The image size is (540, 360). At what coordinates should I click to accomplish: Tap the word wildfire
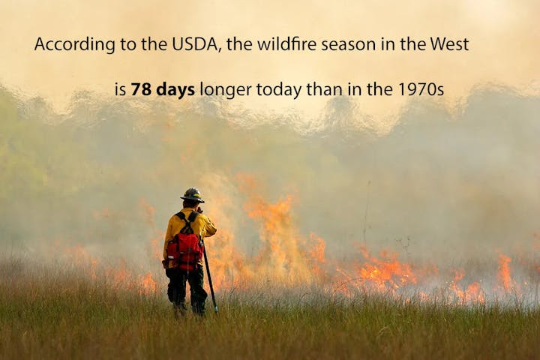pos(286,44)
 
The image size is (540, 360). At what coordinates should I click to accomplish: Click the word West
pos(448,44)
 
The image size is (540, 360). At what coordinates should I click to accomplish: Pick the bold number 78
pos(140,90)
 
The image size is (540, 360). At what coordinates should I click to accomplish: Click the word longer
pos(226,90)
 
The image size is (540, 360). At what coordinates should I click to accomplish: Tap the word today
pos(277,90)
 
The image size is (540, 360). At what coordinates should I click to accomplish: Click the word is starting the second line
pos(120,90)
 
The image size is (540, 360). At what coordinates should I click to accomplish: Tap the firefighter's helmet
pos(192,195)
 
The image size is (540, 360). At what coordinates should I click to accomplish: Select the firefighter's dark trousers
pos(186,289)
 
